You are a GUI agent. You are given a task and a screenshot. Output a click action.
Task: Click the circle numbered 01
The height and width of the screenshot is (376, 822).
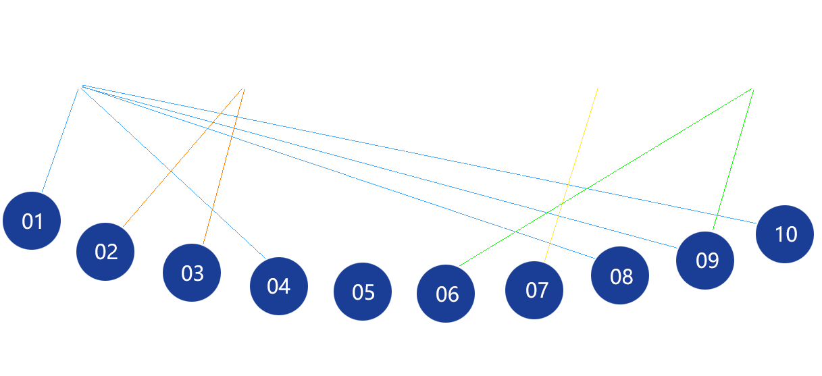tap(32, 221)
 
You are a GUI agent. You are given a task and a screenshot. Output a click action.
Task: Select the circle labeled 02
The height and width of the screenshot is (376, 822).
tap(105, 252)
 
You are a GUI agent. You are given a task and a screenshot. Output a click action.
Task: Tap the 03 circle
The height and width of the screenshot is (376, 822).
tap(192, 273)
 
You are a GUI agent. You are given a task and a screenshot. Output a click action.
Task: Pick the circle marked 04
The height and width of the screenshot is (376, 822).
tap(278, 286)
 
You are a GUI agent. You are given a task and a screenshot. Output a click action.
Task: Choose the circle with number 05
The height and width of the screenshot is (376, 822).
tap(363, 292)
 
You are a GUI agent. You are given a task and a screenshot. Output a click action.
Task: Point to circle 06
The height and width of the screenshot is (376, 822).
tap(446, 294)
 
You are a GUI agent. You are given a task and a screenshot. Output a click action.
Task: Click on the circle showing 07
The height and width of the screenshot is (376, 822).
tap(536, 290)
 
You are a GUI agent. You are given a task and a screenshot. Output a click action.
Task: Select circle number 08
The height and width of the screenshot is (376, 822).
tap(621, 275)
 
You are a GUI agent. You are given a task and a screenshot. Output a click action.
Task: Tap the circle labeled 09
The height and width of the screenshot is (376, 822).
tap(707, 261)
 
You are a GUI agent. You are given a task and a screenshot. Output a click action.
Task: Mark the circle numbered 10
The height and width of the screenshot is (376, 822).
tap(785, 234)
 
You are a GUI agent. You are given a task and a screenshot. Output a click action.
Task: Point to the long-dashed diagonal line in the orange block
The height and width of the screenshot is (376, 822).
tap(177, 177)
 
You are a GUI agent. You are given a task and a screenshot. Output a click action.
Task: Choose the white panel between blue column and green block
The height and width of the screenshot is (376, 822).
tap(378, 203)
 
